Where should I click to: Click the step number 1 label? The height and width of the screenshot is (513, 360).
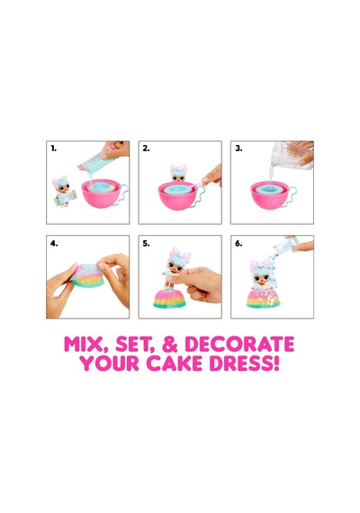[54, 148]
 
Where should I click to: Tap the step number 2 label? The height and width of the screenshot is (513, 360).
[146, 148]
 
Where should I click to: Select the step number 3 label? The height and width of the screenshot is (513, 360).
[238, 148]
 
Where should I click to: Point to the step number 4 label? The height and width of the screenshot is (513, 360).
[54, 243]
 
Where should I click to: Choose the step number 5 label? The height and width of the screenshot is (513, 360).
[146, 243]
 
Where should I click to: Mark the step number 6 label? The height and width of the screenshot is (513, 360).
[238, 243]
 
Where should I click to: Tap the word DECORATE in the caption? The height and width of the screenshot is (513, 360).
[239, 344]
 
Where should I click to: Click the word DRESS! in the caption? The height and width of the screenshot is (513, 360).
[244, 364]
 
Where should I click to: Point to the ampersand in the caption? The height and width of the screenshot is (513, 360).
[169, 344]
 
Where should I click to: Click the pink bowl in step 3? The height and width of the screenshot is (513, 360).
[270, 195]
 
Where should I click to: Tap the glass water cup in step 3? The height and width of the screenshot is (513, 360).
[292, 156]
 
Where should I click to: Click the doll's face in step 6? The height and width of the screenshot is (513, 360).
[261, 278]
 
